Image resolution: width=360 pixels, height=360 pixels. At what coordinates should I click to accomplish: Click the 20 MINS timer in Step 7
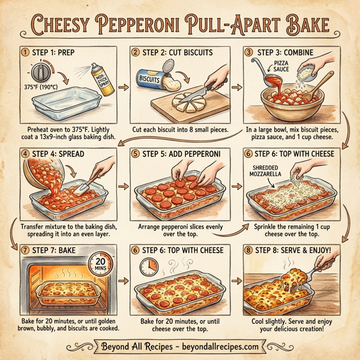[x=101, y=265]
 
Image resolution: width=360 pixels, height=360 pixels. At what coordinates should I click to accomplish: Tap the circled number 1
[x=25, y=52]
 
